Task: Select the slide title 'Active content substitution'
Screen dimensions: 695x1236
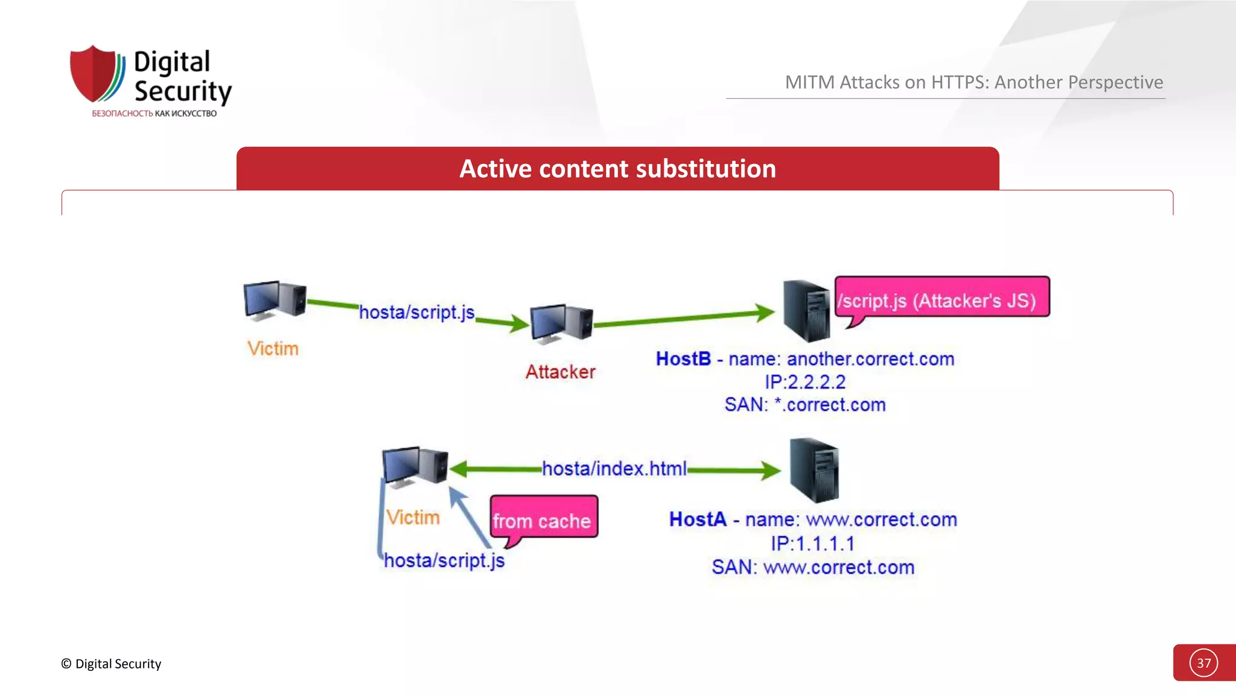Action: tap(617, 169)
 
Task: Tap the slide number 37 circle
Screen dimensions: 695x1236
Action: tap(1203, 663)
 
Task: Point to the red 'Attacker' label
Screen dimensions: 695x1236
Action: tap(560, 372)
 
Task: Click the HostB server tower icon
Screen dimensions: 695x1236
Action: tap(806, 311)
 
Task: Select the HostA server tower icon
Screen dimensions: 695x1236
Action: tap(814, 471)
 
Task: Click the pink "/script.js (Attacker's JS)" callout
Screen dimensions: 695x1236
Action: tap(941, 299)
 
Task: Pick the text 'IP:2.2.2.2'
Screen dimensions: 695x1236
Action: tap(805, 382)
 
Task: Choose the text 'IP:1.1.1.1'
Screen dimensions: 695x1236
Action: tap(812, 544)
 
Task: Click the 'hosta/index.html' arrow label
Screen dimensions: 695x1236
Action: tap(614, 469)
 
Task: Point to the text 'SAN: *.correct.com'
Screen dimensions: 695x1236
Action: tap(805, 405)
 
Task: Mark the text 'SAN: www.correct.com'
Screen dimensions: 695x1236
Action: tap(812, 567)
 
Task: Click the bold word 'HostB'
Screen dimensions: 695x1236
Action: tap(683, 359)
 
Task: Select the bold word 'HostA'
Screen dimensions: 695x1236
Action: tap(698, 519)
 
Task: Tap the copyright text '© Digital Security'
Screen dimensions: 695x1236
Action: tap(111, 664)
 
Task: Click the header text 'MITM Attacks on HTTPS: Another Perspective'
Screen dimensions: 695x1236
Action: tap(973, 82)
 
